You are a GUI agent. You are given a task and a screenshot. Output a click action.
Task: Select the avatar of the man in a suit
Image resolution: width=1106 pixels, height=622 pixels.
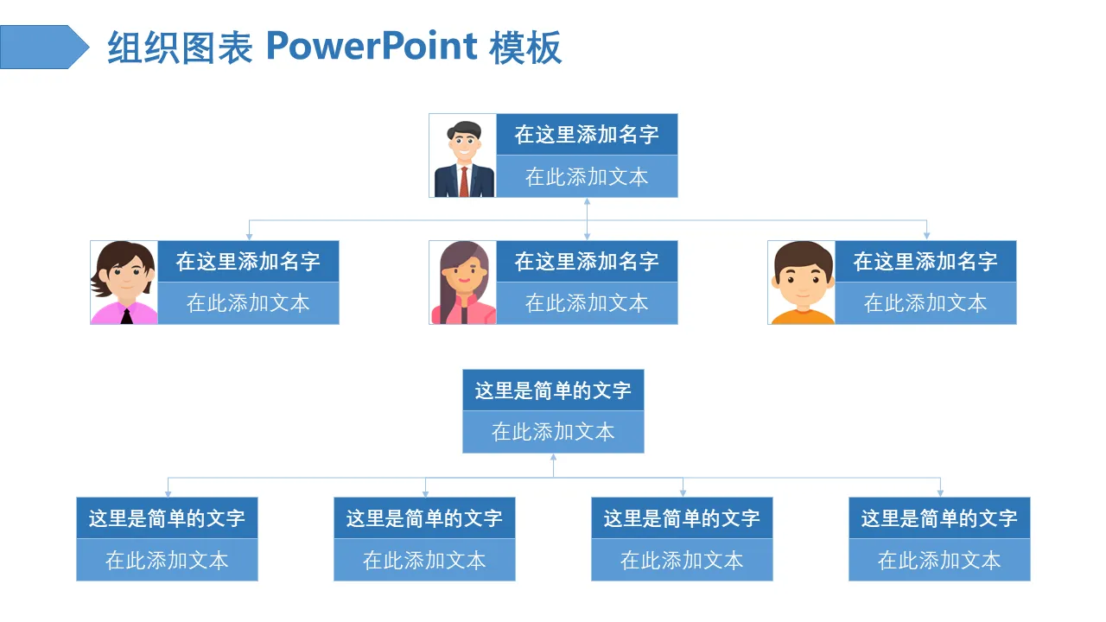tap(463, 156)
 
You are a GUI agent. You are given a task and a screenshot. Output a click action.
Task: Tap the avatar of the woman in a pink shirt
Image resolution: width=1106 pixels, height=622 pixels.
tap(124, 282)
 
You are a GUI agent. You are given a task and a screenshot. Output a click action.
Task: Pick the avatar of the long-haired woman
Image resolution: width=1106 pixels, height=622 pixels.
tap(463, 282)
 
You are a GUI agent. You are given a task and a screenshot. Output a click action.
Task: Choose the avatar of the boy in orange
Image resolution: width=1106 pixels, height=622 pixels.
tap(802, 282)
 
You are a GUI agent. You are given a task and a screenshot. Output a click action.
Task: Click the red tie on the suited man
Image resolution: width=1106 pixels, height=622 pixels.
tap(464, 181)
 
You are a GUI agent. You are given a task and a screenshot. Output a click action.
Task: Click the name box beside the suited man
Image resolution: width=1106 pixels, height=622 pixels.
tap(587, 135)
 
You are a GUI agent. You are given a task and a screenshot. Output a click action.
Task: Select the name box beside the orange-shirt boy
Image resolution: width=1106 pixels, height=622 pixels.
tap(925, 262)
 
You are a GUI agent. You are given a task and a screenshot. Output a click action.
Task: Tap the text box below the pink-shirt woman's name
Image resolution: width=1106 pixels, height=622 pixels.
tap(248, 303)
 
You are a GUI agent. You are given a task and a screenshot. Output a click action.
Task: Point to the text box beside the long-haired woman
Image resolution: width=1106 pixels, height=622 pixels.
tap(587, 303)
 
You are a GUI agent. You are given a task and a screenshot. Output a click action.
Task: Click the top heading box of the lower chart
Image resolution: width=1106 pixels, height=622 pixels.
tap(553, 390)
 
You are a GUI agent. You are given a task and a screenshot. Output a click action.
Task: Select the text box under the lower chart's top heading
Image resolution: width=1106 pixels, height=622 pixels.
tap(553, 432)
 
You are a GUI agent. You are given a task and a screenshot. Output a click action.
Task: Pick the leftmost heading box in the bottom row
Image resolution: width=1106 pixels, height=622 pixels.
tap(167, 518)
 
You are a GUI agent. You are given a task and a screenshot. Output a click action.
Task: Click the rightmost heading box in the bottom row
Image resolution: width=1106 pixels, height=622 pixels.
tap(939, 518)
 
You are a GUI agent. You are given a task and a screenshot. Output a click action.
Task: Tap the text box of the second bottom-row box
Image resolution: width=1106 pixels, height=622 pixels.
tap(424, 560)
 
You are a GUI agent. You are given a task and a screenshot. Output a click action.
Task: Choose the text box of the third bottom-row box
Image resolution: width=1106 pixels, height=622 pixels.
tap(682, 560)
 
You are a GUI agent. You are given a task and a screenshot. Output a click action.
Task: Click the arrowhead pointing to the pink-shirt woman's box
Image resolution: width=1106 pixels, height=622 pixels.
tap(249, 235)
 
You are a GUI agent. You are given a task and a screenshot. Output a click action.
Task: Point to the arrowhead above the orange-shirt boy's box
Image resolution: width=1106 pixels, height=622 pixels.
tap(926, 235)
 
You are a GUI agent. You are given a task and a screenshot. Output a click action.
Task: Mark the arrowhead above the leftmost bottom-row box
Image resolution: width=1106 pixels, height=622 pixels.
tap(168, 492)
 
